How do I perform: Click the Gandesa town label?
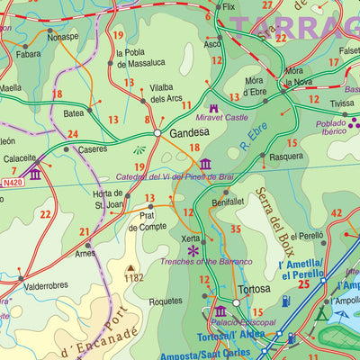[184, 132]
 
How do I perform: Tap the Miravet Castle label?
[222, 118]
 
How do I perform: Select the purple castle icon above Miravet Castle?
[213, 107]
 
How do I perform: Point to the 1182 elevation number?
[134, 279]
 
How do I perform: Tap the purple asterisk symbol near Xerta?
[193, 250]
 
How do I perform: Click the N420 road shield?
[13, 183]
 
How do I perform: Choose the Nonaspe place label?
[63, 38]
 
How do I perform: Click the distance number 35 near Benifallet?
[236, 229]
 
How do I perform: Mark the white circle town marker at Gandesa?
[157, 133]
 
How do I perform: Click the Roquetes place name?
[166, 301]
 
